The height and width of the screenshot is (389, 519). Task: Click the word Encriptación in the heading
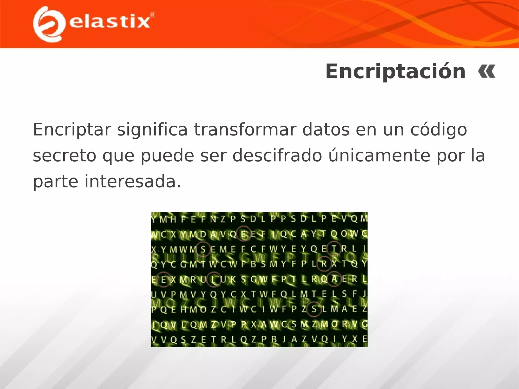coord(395,72)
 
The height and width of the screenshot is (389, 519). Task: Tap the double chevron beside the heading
coord(487,72)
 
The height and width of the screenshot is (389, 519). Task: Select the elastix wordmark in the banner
coord(109,22)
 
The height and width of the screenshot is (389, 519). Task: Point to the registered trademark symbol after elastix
coord(152,15)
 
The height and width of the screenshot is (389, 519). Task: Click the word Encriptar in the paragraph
coord(72,130)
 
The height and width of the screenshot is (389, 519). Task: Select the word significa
coord(152,130)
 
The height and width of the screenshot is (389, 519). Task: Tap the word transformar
coord(245,130)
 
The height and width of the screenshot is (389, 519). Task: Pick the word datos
coord(326,130)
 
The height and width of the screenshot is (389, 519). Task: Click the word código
coord(438,130)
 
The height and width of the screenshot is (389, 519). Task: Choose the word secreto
coord(64,155)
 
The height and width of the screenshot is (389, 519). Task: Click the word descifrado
coord(277,155)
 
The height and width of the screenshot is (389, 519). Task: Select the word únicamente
coord(379,155)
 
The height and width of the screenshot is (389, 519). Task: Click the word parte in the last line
coord(55,182)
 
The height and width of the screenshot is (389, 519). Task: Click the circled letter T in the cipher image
coord(334,249)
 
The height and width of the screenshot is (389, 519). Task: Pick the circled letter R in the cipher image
coord(324,264)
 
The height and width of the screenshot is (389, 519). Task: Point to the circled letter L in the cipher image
coord(214,279)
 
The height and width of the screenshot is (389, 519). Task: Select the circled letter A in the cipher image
coord(334,279)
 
